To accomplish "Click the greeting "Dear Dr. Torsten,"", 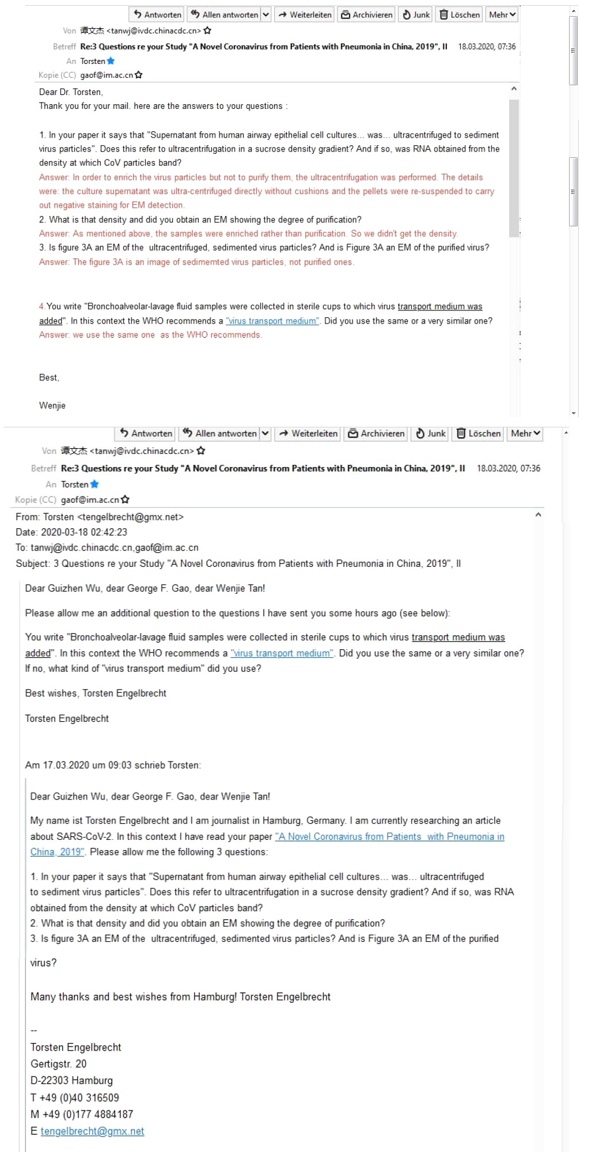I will (71, 92).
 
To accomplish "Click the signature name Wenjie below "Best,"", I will (52, 406).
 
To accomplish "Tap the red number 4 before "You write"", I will (41, 306).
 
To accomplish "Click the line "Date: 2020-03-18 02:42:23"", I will (71, 532).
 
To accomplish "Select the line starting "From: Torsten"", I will (100, 517).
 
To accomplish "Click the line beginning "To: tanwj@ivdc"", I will (107, 548).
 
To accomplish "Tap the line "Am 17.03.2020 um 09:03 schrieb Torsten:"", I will (113, 765).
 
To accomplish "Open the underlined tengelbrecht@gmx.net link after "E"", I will (92, 1131).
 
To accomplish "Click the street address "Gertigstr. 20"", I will (59, 1064).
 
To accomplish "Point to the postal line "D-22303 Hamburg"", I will (72, 1081).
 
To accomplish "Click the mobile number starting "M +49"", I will (82, 1114).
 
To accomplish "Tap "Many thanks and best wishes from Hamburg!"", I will (134, 997).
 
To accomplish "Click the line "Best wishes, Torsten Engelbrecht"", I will (96, 694).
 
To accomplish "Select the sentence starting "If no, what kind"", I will (143, 669).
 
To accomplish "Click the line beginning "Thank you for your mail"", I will (163, 106).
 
